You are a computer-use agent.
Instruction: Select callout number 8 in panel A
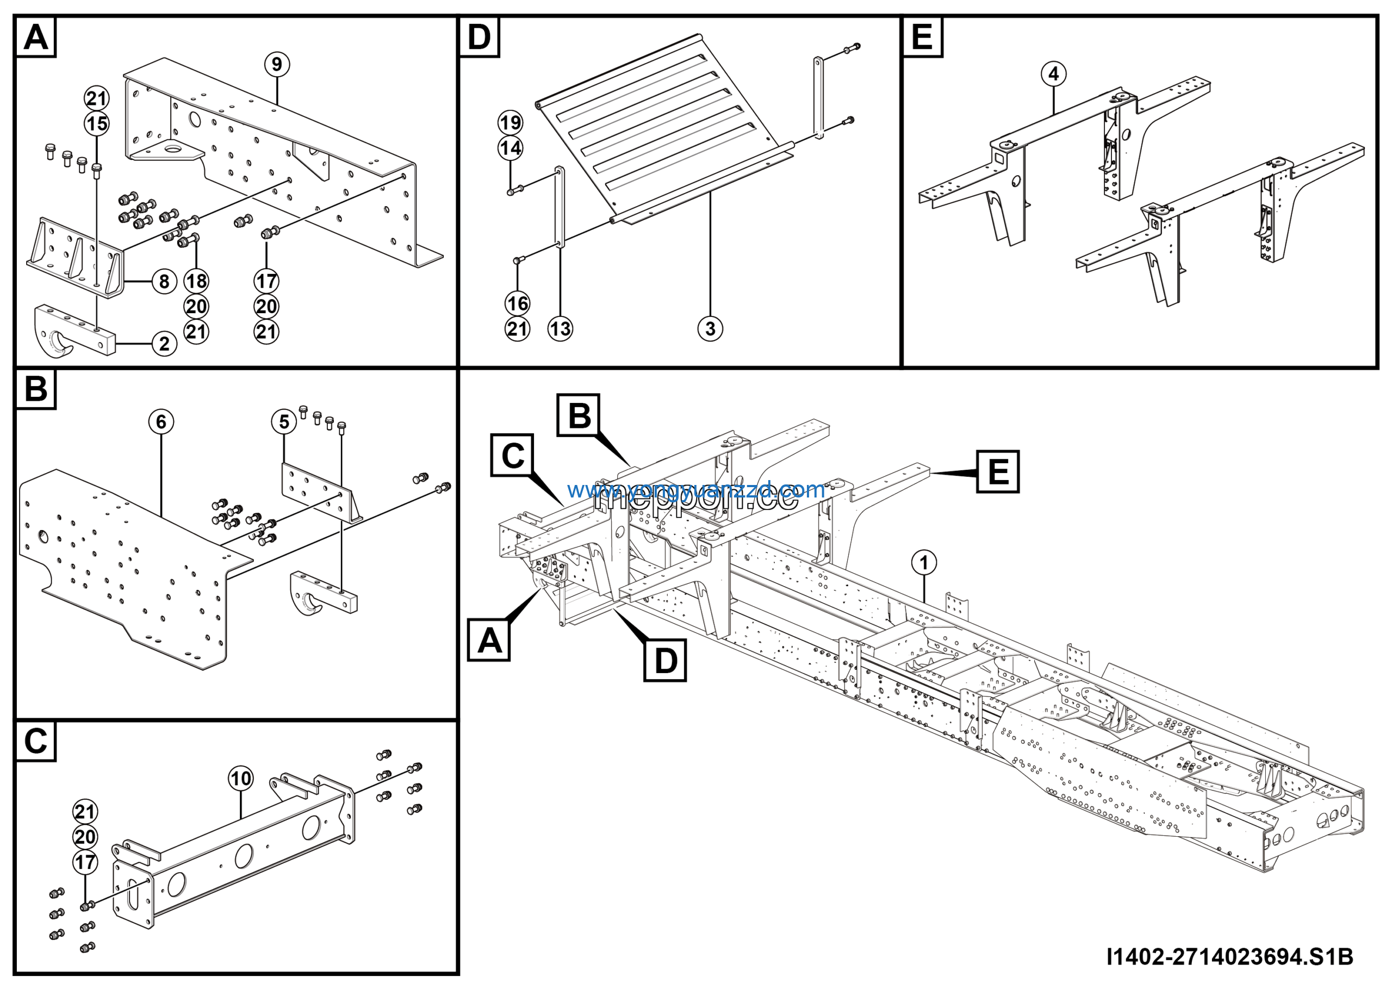click(x=164, y=281)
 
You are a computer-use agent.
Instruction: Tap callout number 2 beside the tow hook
click(x=164, y=344)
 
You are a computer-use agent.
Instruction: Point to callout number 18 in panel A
click(x=196, y=281)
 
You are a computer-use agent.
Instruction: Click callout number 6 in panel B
click(x=161, y=422)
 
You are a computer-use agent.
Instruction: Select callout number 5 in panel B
click(x=284, y=422)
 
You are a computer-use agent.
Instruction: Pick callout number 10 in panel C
click(x=241, y=779)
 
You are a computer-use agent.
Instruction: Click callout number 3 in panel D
click(x=710, y=329)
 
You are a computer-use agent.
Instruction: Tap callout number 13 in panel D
click(x=560, y=329)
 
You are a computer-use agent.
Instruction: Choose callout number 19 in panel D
click(x=511, y=122)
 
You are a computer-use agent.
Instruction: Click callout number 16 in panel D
click(x=517, y=303)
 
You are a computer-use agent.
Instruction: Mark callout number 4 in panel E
click(x=1054, y=74)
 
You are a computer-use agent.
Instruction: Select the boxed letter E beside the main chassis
click(x=998, y=471)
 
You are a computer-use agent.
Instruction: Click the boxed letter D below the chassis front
click(x=665, y=660)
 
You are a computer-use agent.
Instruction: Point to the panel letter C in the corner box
click(x=35, y=741)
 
